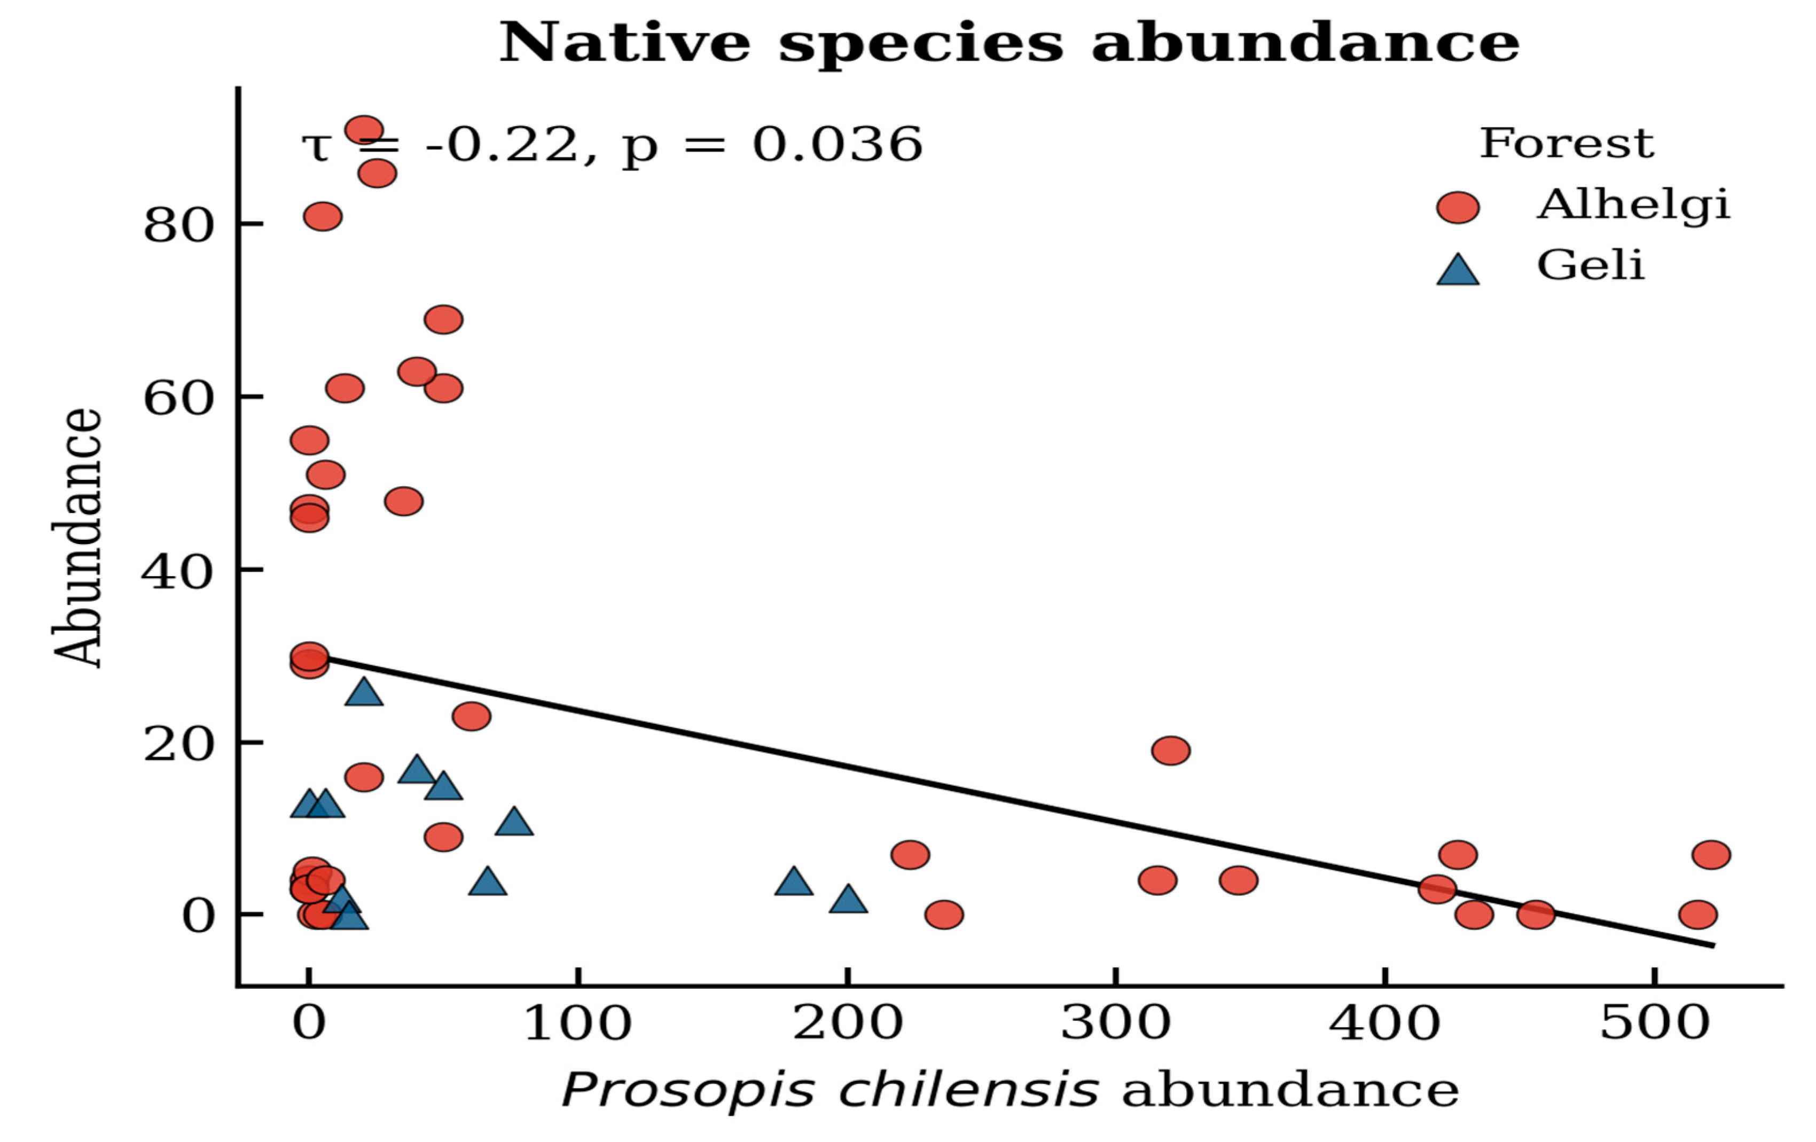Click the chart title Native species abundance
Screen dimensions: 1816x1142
tap(1009, 44)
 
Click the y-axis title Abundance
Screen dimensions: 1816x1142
tap(77, 538)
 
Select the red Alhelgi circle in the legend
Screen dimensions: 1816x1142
tap(1458, 207)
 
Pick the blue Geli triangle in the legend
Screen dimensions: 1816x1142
tap(1458, 270)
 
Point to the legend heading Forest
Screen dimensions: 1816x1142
tap(1567, 143)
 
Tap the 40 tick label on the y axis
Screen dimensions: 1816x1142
tap(178, 573)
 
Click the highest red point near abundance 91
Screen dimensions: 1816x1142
tap(364, 130)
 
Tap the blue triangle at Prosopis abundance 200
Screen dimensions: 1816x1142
tap(848, 899)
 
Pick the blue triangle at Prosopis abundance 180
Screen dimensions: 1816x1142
tap(793, 881)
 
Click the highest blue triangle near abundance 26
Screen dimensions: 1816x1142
tap(364, 691)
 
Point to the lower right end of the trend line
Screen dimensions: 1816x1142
tap(1714, 945)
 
